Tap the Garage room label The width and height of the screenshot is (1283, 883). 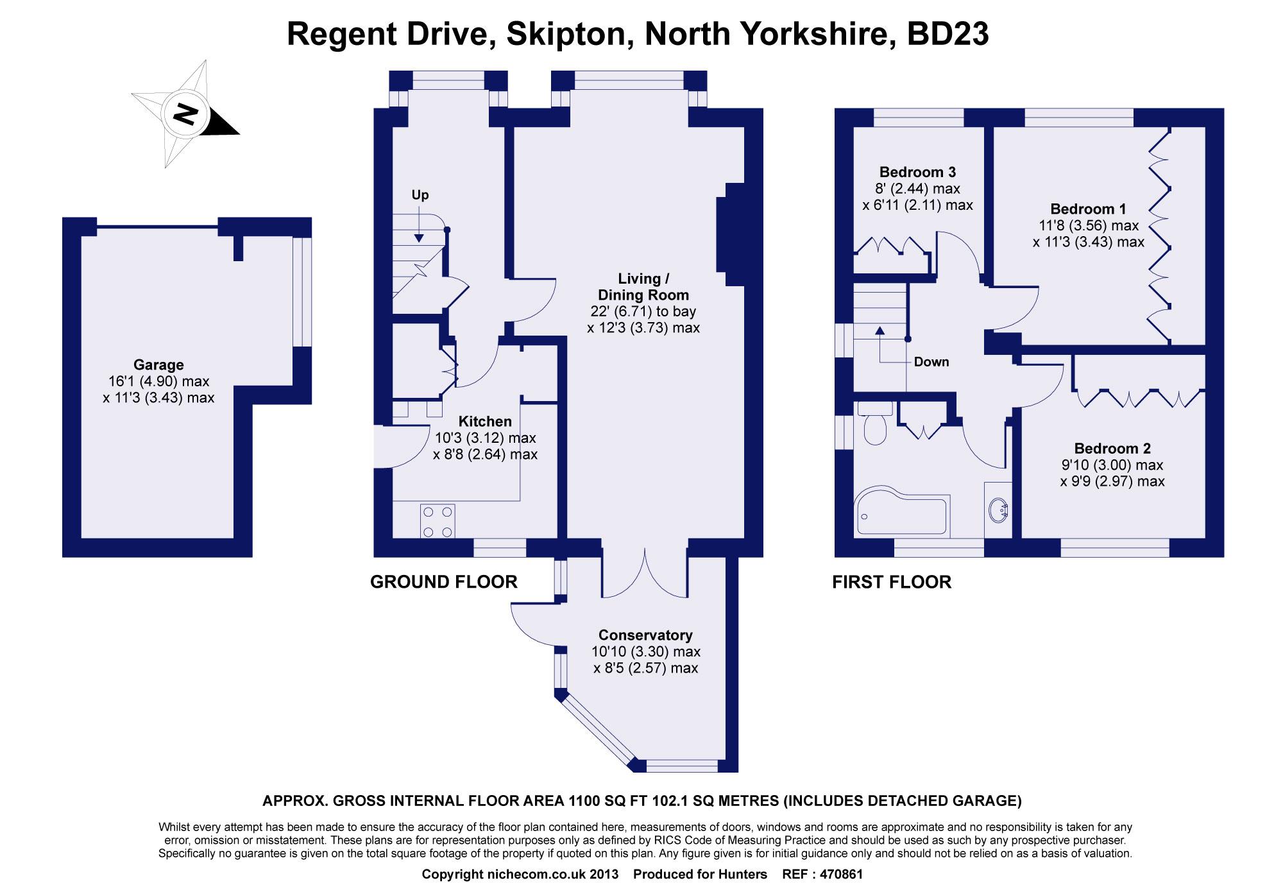pyautogui.click(x=158, y=364)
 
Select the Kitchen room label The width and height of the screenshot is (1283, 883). pyautogui.click(x=485, y=422)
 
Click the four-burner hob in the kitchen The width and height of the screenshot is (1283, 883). pyautogui.click(x=438, y=521)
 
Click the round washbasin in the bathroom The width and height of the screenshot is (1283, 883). pyautogui.click(x=999, y=511)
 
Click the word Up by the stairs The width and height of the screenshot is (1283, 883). pyautogui.click(x=420, y=195)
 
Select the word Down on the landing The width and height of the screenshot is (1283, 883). pyautogui.click(x=931, y=362)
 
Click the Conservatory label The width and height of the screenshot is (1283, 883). pyautogui.click(x=645, y=635)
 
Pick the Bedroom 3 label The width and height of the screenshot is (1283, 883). pyautogui.click(x=917, y=172)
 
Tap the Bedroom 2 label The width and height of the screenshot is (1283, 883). pyautogui.click(x=1112, y=449)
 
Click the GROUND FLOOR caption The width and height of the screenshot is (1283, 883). pyautogui.click(x=444, y=582)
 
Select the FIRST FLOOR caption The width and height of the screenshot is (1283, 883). pyautogui.click(x=892, y=582)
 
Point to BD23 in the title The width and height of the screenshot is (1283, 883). pyautogui.click(x=947, y=35)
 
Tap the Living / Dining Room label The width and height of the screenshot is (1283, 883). pyautogui.click(x=643, y=287)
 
